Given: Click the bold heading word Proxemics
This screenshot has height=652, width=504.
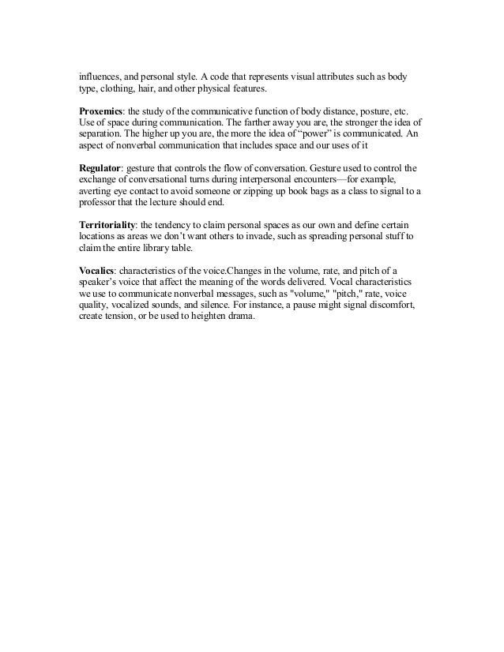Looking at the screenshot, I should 101,113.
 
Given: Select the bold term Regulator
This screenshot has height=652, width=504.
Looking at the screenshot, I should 100,169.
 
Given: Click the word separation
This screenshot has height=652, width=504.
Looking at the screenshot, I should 103,135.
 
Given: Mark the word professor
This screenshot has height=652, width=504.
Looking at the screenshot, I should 100,203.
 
